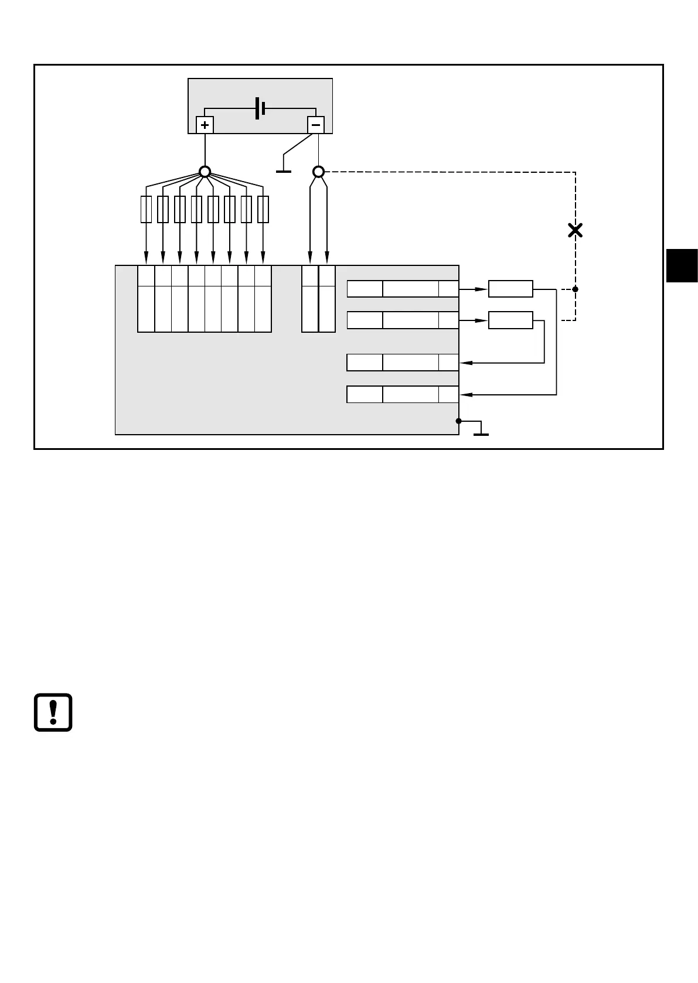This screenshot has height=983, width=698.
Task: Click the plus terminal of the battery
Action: [205, 125]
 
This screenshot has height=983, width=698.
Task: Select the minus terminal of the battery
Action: [315, 125]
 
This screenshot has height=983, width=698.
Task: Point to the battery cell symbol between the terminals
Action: [261, 108]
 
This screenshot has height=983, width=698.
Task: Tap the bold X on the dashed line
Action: [575, 230]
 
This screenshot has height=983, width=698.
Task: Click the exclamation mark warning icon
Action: [53, 712]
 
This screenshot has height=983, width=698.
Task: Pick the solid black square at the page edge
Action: [682, 265]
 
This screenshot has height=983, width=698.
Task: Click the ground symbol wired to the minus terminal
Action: [284, 170]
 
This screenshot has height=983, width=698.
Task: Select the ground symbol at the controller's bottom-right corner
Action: [481, 434]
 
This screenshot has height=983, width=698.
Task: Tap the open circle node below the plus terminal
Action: [205, 172]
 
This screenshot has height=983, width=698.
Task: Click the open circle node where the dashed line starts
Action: [318, 172]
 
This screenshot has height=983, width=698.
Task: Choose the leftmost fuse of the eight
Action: [147, 210]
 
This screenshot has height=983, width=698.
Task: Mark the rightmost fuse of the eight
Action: [263, 210]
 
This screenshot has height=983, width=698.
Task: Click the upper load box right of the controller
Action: [510, 289]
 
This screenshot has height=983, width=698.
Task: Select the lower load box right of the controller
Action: [510, 320]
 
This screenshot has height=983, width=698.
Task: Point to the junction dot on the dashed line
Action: [575, 289]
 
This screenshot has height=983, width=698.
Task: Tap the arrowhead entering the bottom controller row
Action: [467, 395]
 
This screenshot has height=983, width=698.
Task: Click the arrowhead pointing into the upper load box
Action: [482, 289]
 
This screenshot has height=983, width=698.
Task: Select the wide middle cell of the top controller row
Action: [410, 289]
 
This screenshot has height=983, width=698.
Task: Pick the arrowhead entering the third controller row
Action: [467, 363]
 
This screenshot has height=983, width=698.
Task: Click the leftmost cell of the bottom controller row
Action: [365, 395]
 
